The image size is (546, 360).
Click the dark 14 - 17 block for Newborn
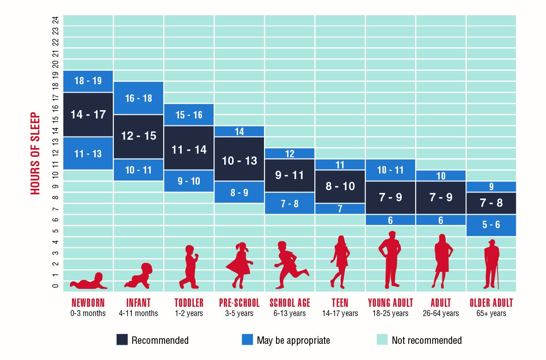click(x=88, y=114)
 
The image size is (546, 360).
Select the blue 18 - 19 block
click(x=88, y=81)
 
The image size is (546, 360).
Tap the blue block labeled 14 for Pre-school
click(x=239, y=131)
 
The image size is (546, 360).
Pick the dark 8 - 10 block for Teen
click(x=340, y=186)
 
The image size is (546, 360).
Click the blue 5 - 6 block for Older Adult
click(x=491, y=225)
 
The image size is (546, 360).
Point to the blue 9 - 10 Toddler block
click(x=189, y=181)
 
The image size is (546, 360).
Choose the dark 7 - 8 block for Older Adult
click(x=491, y=203)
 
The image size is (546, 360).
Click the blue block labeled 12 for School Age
click(x=289, y=154)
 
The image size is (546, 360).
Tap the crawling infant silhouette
click(x=138, y=276)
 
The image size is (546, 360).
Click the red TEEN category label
click(x=340, y=303)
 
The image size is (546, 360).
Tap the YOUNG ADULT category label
click(x=390, y=303)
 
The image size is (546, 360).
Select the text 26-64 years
click(x=441, y=313)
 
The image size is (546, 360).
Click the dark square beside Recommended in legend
click(x=122, y=340)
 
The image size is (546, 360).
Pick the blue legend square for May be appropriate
click(x=247, y=340)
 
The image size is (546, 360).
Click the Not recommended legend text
click(x=426, y=341)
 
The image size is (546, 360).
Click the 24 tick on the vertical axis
click(x=55, y=20)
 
